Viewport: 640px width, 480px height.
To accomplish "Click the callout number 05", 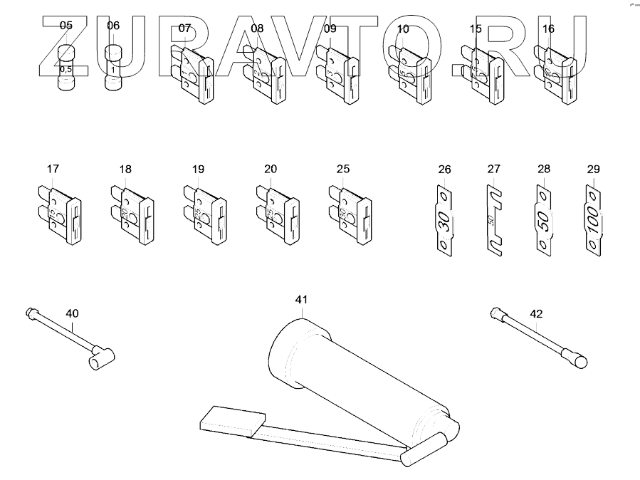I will coord(65,26).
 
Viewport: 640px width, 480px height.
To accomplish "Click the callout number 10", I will coord(403,29).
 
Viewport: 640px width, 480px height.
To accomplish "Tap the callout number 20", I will coord(271,169).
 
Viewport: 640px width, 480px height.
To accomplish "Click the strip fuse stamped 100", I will coord(594,221).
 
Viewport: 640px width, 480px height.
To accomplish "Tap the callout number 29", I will coord(594,169).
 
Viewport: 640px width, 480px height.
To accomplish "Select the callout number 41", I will coord(301,300).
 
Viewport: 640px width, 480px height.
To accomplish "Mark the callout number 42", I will coord(536,313).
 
